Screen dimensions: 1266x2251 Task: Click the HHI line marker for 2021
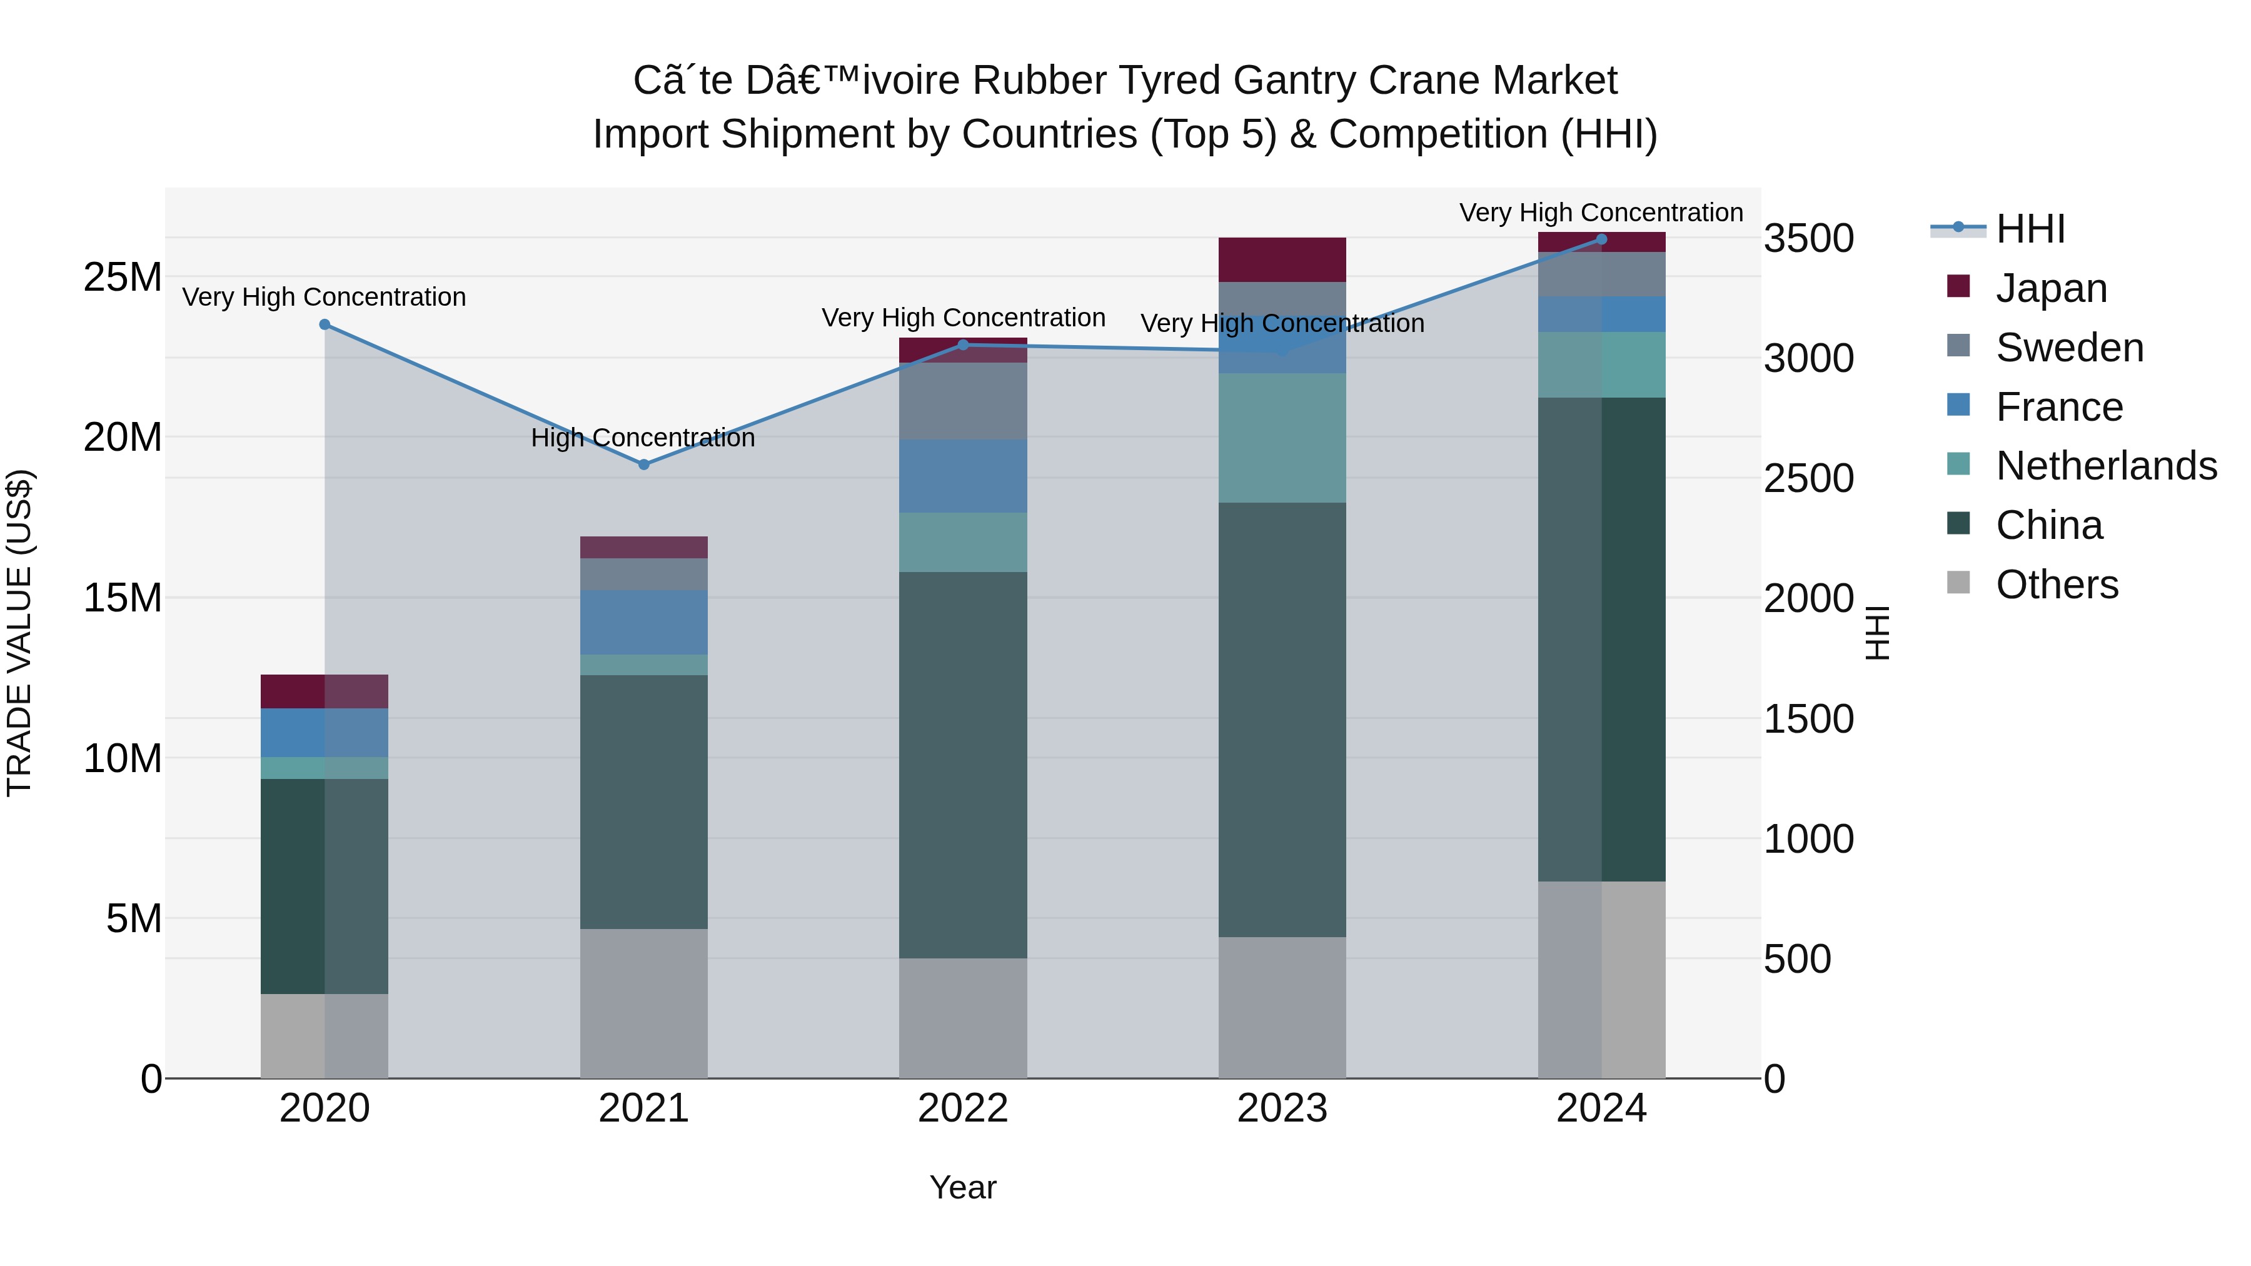coord(644,465)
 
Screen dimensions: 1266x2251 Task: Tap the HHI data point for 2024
coord(1602,239)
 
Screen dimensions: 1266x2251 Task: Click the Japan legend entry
coord(2050,288)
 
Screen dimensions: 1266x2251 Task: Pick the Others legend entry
coord(2056,585)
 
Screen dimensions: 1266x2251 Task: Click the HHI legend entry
coord(2029,229)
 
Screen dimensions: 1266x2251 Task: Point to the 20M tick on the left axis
coord(123,437)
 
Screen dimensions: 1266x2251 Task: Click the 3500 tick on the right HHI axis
coord(1808,239)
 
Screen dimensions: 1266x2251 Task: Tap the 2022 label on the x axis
coord(963,1108)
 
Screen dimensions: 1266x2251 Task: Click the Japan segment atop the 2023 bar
coord(1282,259)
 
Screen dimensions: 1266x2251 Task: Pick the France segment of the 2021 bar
coord(644,622)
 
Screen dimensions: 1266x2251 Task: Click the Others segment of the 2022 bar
coord(963,1018)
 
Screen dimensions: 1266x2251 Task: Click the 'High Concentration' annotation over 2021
coord(643,438)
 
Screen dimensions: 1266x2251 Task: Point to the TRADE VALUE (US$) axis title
coord(19,633)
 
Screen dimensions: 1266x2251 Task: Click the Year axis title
coord(963,1187)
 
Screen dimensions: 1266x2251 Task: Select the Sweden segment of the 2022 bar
coord(963,401)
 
